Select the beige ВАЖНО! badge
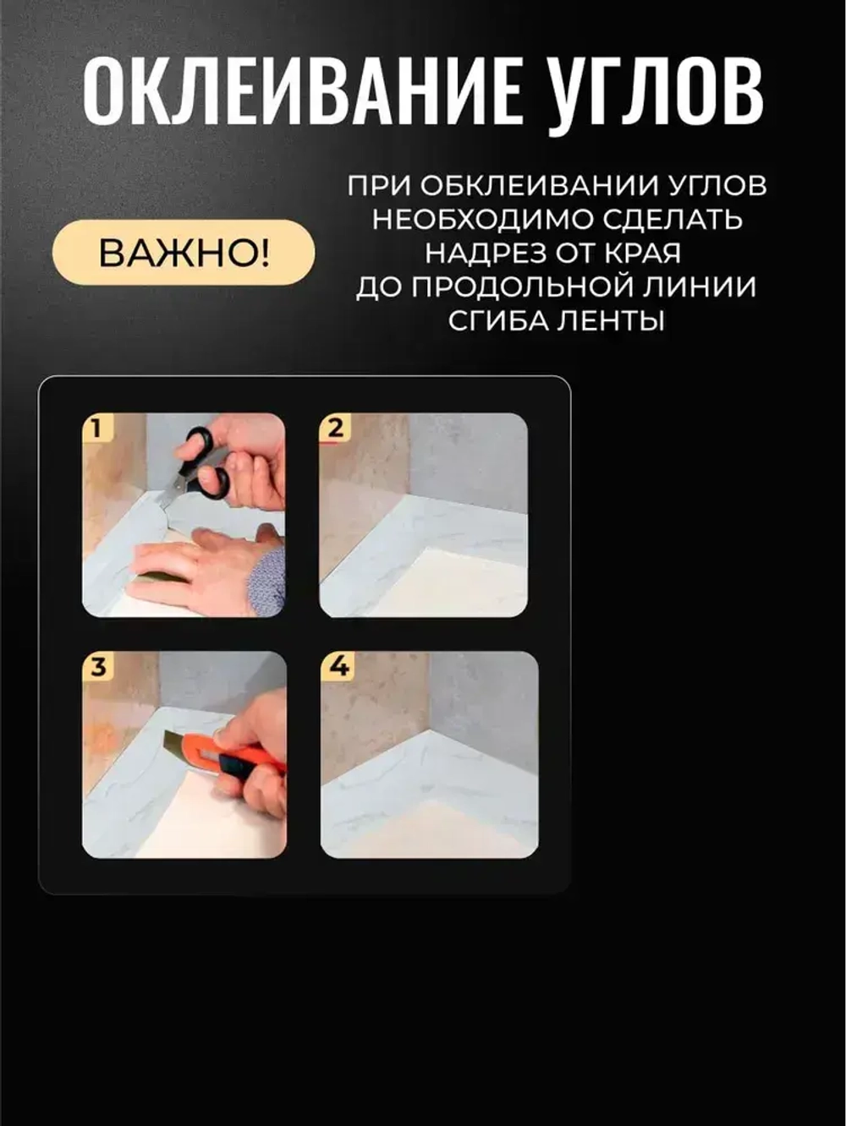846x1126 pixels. point(184,253)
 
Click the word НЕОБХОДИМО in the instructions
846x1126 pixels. point(483,220)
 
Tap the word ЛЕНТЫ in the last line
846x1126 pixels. point(617,321)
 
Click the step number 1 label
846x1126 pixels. point(96,428)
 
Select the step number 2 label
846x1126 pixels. point(334,428)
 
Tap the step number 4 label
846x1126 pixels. point(338,666)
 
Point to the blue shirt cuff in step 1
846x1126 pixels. point(267,582)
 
